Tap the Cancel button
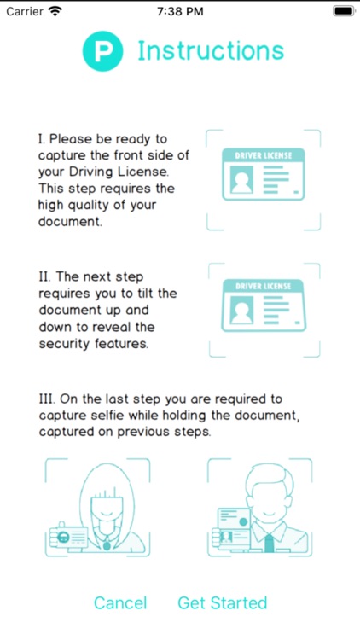pos(120,602)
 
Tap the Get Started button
pos(223,602)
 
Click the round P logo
pos(102,51)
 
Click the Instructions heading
pos(211,51)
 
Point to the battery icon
pos(344,11)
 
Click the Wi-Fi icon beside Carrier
pos(54,11)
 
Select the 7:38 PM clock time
pos(180,11)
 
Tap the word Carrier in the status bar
pos(25,11)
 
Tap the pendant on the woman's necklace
pos(107,546)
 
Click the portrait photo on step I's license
pos(241,179)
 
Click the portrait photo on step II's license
pos(241,311)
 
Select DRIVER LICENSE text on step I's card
pos(264,155)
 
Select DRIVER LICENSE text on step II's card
pos(264,286)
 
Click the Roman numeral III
pos(44,399)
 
